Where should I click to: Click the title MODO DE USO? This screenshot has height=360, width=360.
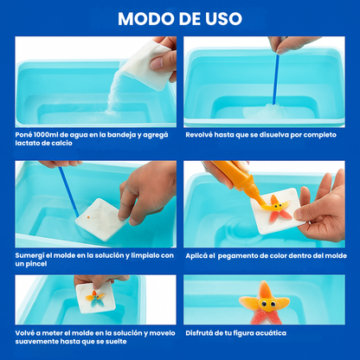point(180,18)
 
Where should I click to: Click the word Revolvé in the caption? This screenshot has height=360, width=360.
point(202,135)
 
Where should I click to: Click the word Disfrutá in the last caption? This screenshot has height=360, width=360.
point(202,332)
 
